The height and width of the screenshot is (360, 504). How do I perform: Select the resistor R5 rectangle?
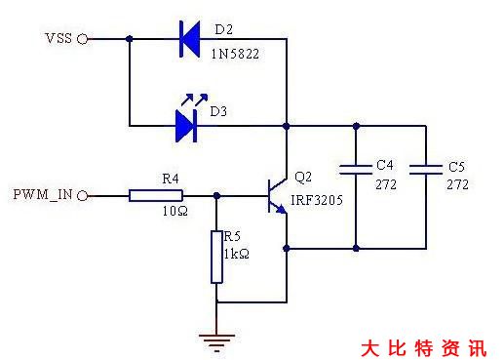click(x=217, y=258)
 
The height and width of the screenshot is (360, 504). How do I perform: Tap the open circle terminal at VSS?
click(x=83, y=39)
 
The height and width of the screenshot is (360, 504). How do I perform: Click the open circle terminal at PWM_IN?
click(x=83, y=195)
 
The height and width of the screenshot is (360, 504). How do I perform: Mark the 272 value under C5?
click(x=457, y=184)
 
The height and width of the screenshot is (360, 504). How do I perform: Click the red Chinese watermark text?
click(x=421, y=347)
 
